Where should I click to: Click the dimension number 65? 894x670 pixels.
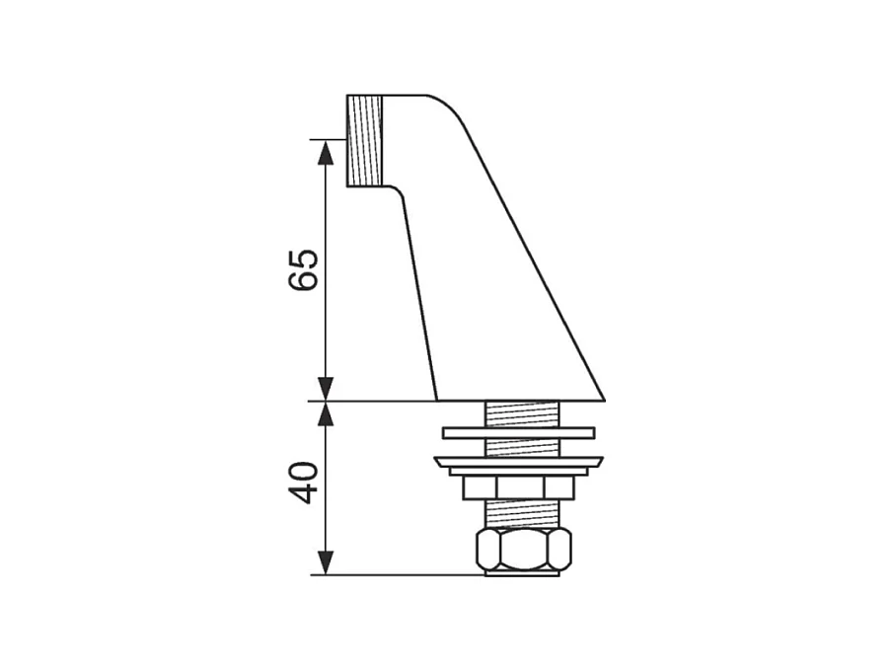303,269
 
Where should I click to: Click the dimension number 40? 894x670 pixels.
303,483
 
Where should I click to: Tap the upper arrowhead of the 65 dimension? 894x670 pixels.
325,152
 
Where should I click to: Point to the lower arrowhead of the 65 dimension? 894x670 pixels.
325,389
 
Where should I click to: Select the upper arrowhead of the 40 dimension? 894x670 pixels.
325,414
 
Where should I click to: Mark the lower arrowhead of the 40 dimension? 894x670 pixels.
325,562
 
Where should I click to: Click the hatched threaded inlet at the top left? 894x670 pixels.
364,141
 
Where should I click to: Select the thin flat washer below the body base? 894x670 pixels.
519,433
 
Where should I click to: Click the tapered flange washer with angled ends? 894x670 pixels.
519,462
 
